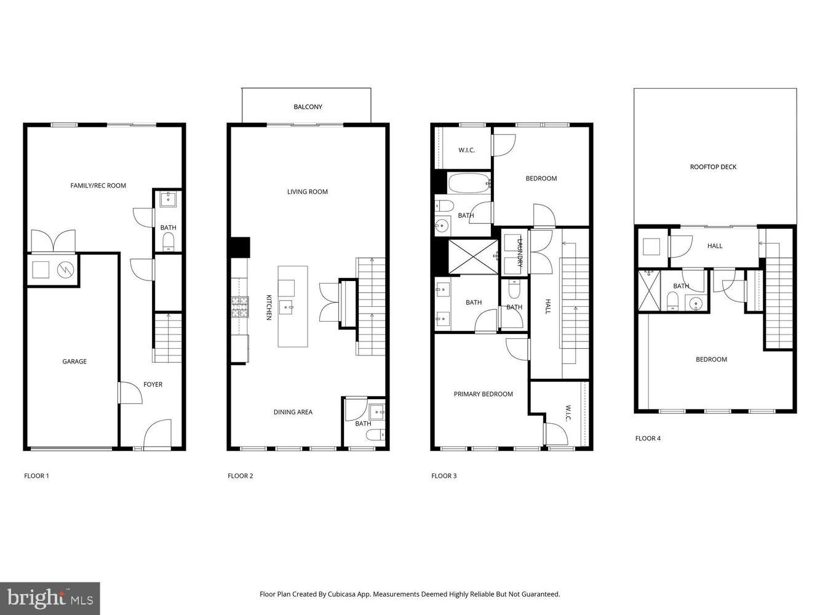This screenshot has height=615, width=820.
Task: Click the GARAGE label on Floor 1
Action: coord(74,362)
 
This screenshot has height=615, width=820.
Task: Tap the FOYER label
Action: coord(153,384)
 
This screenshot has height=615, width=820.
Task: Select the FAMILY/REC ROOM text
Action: coord(98,185)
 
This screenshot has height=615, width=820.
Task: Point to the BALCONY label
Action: coord(308,107)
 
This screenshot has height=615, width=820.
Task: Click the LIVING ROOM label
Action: coord(307,192)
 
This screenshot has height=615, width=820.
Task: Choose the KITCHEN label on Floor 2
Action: coord(269,306)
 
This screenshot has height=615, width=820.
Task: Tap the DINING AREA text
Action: coord(293,412)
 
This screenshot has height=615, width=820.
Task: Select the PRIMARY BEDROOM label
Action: coord(483,394)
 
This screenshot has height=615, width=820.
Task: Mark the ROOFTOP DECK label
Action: coord(713,167)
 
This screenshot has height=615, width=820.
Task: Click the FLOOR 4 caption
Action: coord(648,438)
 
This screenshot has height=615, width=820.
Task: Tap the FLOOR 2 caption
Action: coord(241,476)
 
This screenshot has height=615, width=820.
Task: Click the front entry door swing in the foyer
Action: coord(157,434)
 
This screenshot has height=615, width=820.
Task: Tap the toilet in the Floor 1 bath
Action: coord(168,244)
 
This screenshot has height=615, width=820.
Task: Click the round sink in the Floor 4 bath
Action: coord(695,303)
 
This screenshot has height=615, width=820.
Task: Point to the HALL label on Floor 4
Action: coord(715,246)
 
